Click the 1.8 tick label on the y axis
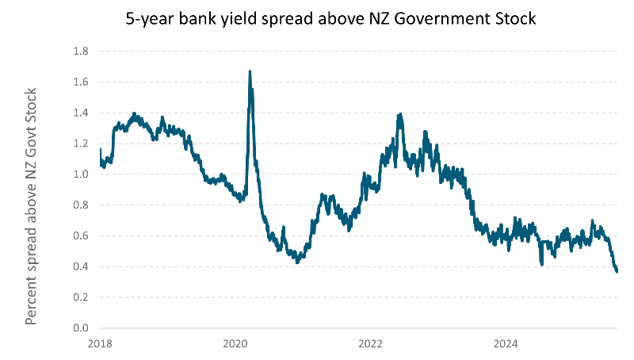click(x=82, y=52)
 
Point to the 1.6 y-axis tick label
click(x=82, y=82)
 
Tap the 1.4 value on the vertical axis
click(x=82, y=113)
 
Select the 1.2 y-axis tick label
click(x=82, y=144)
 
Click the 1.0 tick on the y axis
click(x=82, y=174)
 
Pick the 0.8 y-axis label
click(x=82, y=205)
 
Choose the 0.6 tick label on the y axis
click(x=82, y=236)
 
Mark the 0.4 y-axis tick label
click(x=82, y=267)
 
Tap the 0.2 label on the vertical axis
click(x=82, y=297)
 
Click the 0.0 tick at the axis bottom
click(x=82, y=328)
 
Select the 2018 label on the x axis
click(x=101, y=344)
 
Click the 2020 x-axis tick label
click(x=235, y=344)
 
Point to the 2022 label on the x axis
click(x=371, y=344)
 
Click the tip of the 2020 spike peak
click(x=250, y=71)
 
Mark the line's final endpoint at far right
click(x=617, y=272)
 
